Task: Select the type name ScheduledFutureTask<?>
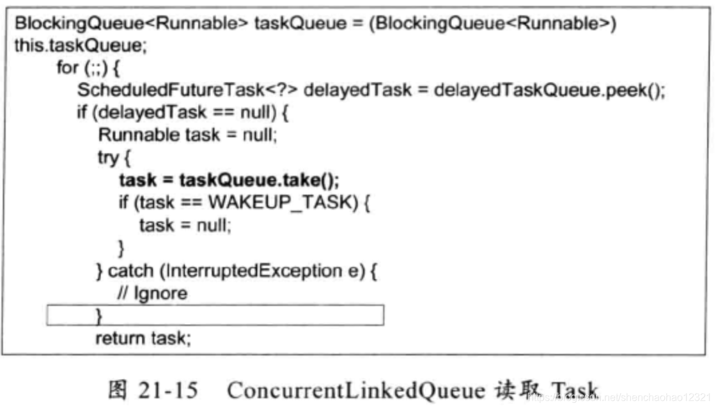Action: click(x=187, y=89)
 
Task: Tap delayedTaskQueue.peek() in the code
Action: click(x=549, y=89)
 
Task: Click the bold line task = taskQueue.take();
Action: click(x=229, y=180)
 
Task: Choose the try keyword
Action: click(x=108, y=157)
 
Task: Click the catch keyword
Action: click(x=130, y=270)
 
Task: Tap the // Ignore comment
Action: click(x=152, y=293)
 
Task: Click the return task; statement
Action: click(x=143, y=338)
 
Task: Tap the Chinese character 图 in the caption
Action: click(x=120, y=390)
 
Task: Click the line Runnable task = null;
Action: click(x=187, y=135)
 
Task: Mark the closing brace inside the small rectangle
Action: click(x=99, y=316)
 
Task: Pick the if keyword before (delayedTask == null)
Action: click(x=82, y=112)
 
